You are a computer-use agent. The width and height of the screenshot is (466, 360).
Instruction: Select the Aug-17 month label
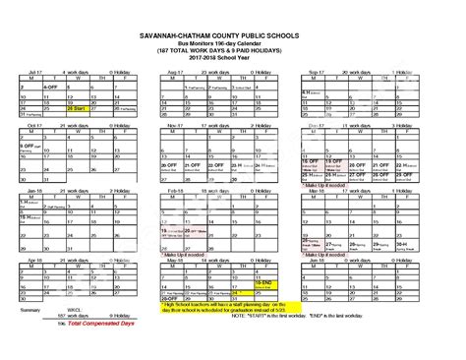[175, 73]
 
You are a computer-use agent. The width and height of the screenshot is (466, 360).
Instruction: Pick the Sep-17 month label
[316, 73]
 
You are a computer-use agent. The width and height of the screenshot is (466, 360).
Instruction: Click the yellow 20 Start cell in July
[77, 107]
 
